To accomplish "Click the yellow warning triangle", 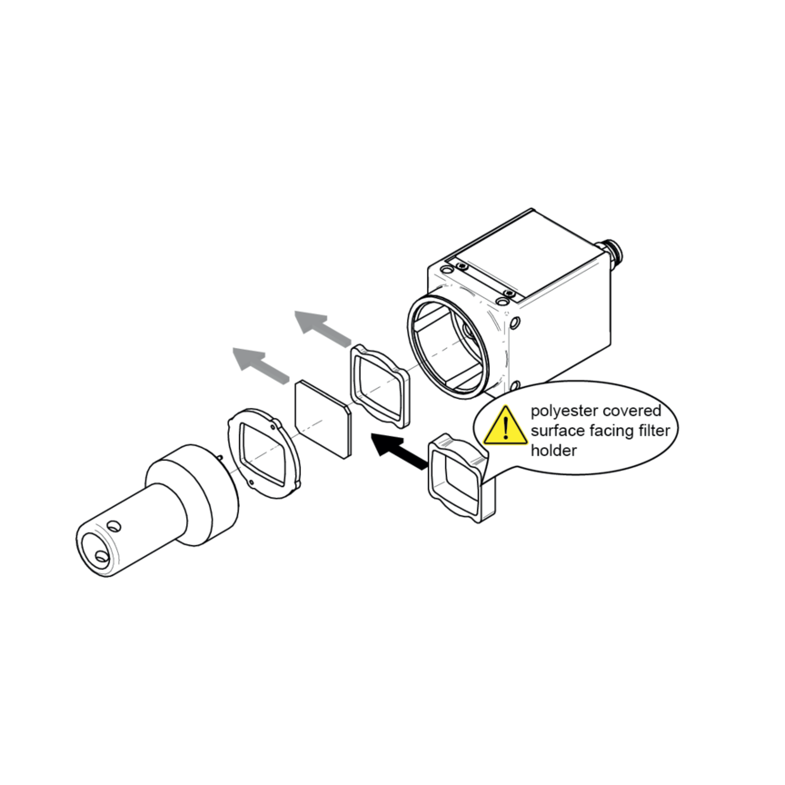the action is [506, 427].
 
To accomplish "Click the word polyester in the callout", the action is [564, 411].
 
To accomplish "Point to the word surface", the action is [558, 431].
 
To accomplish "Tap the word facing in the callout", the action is [614, 431].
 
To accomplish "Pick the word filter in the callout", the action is [656, 430].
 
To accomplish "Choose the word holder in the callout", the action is [553, 450].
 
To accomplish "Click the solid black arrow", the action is [399, 451].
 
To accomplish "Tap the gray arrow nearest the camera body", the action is [323, 328].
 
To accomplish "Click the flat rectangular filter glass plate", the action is [323, 420].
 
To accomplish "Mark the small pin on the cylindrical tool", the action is [220, 457].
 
